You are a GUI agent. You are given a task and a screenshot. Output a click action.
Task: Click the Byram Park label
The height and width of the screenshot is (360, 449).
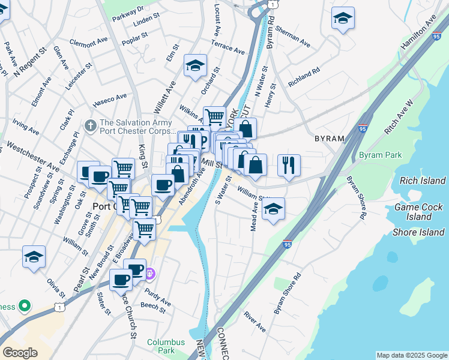tap(380, 155)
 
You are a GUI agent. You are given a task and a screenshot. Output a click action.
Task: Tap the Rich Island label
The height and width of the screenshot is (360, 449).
tap(420, 181)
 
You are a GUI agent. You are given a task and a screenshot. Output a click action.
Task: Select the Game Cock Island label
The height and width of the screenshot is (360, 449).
tap(418, 212)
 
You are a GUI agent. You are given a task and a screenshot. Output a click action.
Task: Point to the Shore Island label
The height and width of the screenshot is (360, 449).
tap(418, 232)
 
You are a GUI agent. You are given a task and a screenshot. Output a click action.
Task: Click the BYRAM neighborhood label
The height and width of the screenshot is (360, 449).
tap(330, 139)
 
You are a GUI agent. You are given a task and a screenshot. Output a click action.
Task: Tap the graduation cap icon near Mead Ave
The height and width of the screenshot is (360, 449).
tap(273, 209)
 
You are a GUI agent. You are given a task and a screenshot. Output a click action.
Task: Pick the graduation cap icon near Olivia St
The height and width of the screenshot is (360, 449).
tap(34, 256)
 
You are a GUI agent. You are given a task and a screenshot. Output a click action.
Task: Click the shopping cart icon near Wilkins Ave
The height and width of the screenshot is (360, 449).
tap(214, 116)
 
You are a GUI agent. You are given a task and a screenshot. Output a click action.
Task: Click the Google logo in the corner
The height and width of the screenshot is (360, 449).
tap(20, 353)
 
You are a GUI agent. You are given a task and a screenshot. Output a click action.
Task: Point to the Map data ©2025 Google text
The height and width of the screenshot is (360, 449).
tap(411, 355)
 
